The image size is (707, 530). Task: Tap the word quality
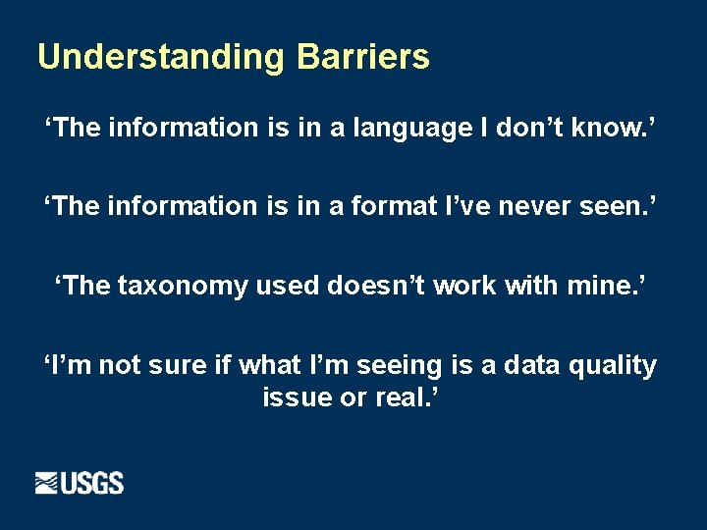[617, 366]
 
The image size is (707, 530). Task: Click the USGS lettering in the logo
[93, 483]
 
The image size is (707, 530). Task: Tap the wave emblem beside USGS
[48, 483]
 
